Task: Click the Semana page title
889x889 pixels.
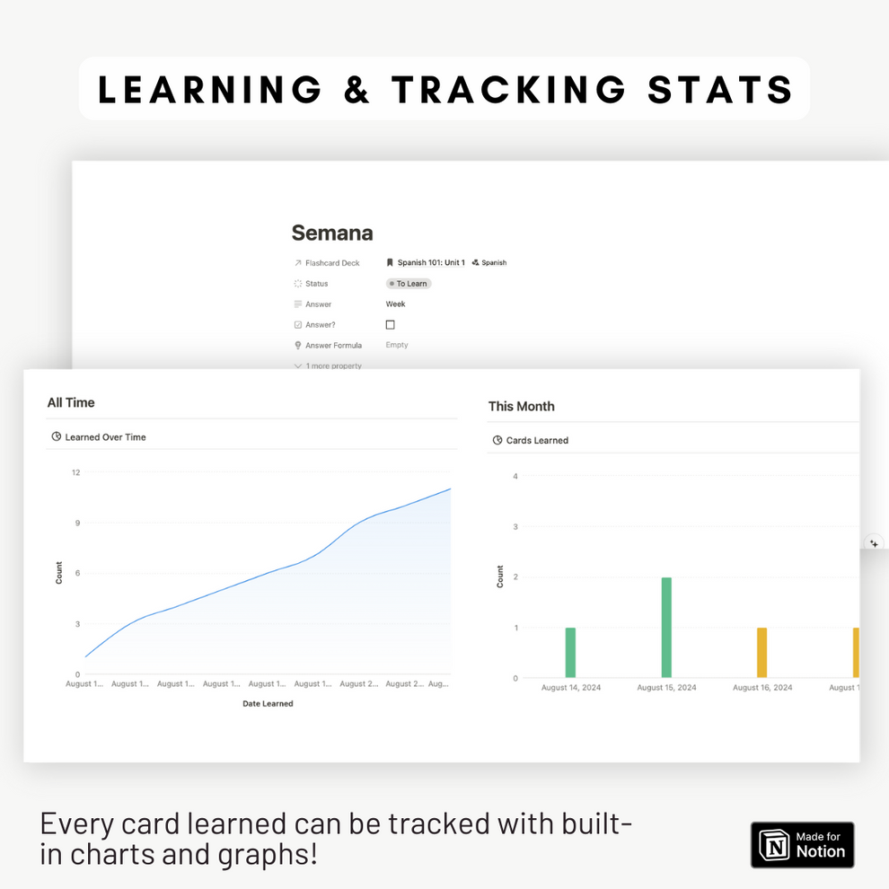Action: (331, 233)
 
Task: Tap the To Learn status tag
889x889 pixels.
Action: (409, 284)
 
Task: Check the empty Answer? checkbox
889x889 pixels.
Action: (390, 325)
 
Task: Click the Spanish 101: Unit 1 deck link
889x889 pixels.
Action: (430, 263)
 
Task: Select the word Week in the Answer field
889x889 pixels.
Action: (396, 304)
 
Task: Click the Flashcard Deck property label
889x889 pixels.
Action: (331, 263)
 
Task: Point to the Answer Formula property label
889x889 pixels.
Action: (333, 346)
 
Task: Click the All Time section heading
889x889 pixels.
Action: (71, 403)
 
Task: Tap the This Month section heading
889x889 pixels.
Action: (521, 407)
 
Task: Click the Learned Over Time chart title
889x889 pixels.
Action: (105, 437)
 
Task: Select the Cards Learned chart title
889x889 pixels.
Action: (537, 441)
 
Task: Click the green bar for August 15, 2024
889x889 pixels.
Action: (666, 627)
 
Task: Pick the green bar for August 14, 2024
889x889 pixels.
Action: (570, 652)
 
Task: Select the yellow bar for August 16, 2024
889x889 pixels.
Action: (761, 652)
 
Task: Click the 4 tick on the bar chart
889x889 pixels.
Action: (515, 476)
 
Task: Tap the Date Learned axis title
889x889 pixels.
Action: (268, 704)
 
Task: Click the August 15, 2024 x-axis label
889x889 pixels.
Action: (666, 688)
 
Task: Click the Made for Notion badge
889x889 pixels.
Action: (802, 844)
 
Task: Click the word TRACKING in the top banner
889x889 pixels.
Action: (509, 89)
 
